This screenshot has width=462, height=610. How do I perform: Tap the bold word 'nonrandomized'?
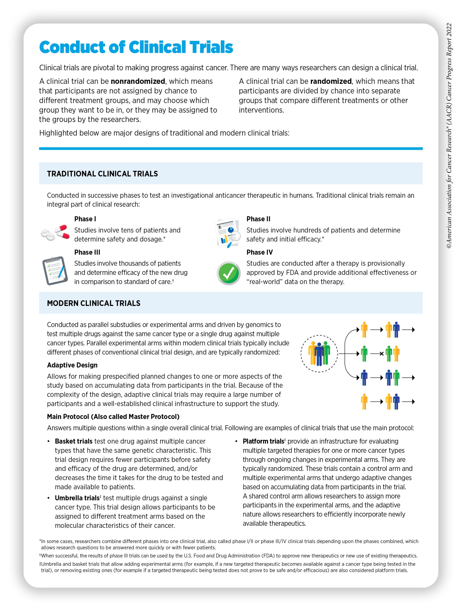[138, 81]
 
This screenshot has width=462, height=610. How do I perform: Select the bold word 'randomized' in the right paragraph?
[331, 81]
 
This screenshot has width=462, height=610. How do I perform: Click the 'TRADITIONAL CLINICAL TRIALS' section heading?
[102, 174]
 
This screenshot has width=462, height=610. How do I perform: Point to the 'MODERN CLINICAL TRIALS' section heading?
[93, 303]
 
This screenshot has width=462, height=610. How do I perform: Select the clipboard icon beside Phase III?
[55, 270]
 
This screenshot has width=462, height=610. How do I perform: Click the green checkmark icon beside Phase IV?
[228, 273]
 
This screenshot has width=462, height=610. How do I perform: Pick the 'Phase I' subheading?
[85, 219]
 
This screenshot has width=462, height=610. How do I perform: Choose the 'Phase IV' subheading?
[260, 252]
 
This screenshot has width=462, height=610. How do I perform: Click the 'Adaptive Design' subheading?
[72, 365]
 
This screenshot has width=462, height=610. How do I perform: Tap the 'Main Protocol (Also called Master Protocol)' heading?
[113, 417]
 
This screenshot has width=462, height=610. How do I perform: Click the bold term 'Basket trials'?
[73, 441]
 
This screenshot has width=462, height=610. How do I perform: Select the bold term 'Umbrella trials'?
[77, 498]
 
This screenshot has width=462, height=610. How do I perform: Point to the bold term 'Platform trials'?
[263, 441]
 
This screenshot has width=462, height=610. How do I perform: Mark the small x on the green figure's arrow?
[382, 354]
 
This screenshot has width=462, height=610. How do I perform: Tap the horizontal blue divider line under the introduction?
[231, 149]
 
